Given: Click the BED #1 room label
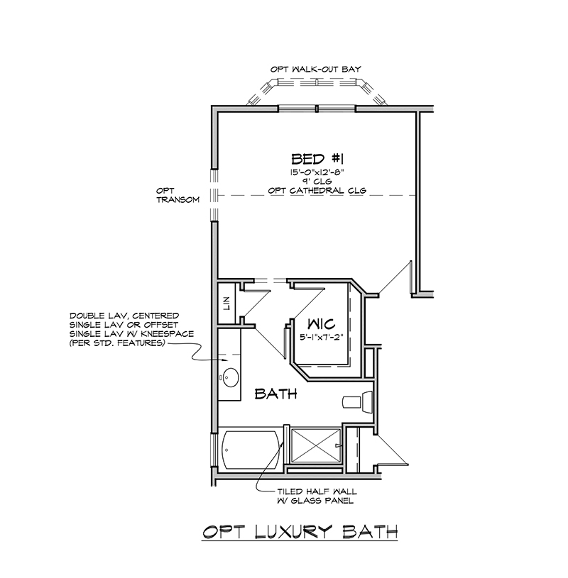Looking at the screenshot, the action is coord(317,160).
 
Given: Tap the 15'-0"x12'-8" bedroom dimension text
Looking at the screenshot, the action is coord(317,172).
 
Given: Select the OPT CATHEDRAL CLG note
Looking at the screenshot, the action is coord(317,191).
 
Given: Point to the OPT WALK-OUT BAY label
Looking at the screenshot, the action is coord(316,70).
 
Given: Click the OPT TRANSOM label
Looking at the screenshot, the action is coord(178,195).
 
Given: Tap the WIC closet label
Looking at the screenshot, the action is coord(322,324).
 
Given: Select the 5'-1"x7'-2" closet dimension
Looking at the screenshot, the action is coord(322,338).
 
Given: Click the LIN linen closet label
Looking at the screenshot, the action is coord(227,304).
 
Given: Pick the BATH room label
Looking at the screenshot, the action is coord(276,394).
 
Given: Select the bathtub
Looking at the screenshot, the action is coord(251,450).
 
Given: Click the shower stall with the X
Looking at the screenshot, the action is coord(316,445).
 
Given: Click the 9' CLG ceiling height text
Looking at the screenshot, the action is coord(317,182).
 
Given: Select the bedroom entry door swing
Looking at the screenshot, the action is coord(395,277).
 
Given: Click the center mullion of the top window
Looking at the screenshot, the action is coord(317,109).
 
